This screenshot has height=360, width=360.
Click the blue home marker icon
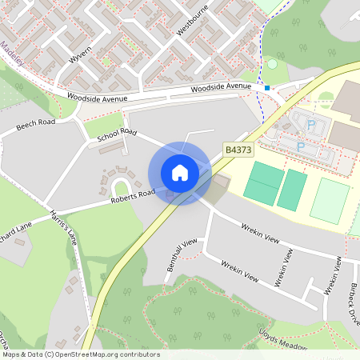tap(180, 173)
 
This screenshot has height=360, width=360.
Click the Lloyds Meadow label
tap(283, 339)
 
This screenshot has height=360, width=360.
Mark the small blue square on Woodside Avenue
tap(268, 87)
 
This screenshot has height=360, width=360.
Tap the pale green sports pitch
tap(330, 200)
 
